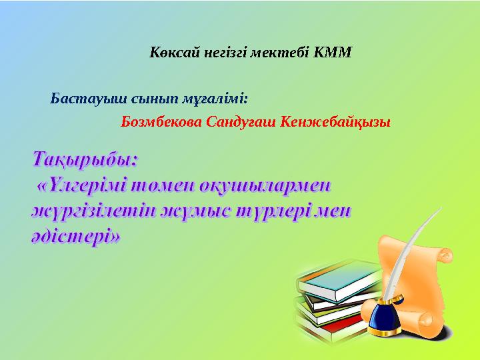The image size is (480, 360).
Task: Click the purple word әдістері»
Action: click(77, 237)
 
